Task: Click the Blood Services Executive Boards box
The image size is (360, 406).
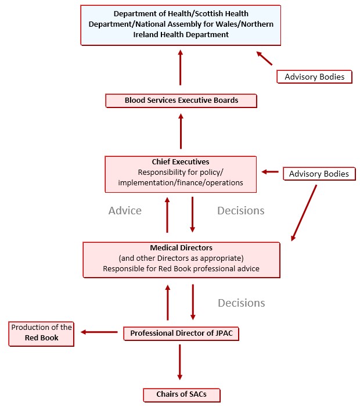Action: click(x=181, y=100)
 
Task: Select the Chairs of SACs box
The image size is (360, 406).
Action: click(x=181, y=394)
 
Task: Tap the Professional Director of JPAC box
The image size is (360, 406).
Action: click(x=181, y=333)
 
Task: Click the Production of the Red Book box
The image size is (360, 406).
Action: click(x=41, y=334)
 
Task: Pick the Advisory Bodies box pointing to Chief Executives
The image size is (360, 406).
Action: click(x=319, y=174)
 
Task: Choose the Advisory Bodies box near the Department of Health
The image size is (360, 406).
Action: click(x=315, y=77)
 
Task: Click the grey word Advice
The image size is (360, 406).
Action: click(x=125, y=210)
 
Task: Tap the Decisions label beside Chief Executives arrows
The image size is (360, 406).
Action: click(x=241, y=210)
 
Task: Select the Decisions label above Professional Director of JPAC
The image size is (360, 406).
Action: click(x=241, y=303)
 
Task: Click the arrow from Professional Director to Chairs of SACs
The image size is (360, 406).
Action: click(x=180, y=362)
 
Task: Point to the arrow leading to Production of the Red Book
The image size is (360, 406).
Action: click(x=99, y=332)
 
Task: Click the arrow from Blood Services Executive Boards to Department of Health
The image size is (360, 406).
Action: click(x=181, y=67)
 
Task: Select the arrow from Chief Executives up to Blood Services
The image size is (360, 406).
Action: click(x=181, y=131)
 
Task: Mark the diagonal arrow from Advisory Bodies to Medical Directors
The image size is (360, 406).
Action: click(x=304, y=213)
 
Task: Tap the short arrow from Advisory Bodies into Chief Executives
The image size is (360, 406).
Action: click(x=270, y=172)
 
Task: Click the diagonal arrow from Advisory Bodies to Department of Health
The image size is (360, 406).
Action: click(x=264, y=58)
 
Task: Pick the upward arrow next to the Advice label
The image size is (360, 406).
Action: click(x=167, y=215)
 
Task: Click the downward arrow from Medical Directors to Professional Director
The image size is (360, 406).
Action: click(x=193, y=302)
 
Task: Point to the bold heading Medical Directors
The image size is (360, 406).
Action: click(x=181, y=248)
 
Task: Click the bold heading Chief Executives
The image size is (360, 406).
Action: click(x=181, y=162)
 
